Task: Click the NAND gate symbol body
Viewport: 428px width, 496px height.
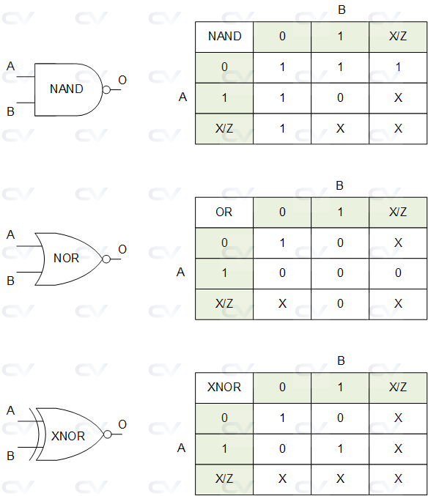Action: [x=67, y=89]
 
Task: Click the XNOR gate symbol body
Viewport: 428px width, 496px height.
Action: [x=68, y=435]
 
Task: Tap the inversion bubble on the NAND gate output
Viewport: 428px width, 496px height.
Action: [x=107, y=89]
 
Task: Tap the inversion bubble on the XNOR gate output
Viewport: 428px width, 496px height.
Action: [x=107, y=434]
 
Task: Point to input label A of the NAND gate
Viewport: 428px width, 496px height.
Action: [x=10, y=67]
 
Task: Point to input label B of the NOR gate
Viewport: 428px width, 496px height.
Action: [x=10, y=281]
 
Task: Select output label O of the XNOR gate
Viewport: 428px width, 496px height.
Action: [x=122, y=424]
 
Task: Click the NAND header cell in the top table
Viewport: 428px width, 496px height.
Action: [x=224, y=36]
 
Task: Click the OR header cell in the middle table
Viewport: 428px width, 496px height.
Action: [x=224, y=212]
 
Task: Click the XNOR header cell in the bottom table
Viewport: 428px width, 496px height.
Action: [x=224, y=387]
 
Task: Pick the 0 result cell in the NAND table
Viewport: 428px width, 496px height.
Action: [x=340, y=97]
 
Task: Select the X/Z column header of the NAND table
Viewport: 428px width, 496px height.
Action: [x=398, y=36]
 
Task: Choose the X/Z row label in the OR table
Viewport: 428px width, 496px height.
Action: [x=224, y=303]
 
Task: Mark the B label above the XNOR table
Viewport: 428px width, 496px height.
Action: [x=340, y=361]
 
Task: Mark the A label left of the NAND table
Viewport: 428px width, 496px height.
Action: [x=182, y=97]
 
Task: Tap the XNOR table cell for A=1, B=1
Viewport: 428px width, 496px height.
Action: [x=340, y=448]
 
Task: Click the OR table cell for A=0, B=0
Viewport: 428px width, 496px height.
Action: [x=282, y=243]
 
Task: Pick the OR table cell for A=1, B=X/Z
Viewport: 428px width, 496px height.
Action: [x=398, y=273]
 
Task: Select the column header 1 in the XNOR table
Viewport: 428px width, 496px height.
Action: [x=340, y=387]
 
